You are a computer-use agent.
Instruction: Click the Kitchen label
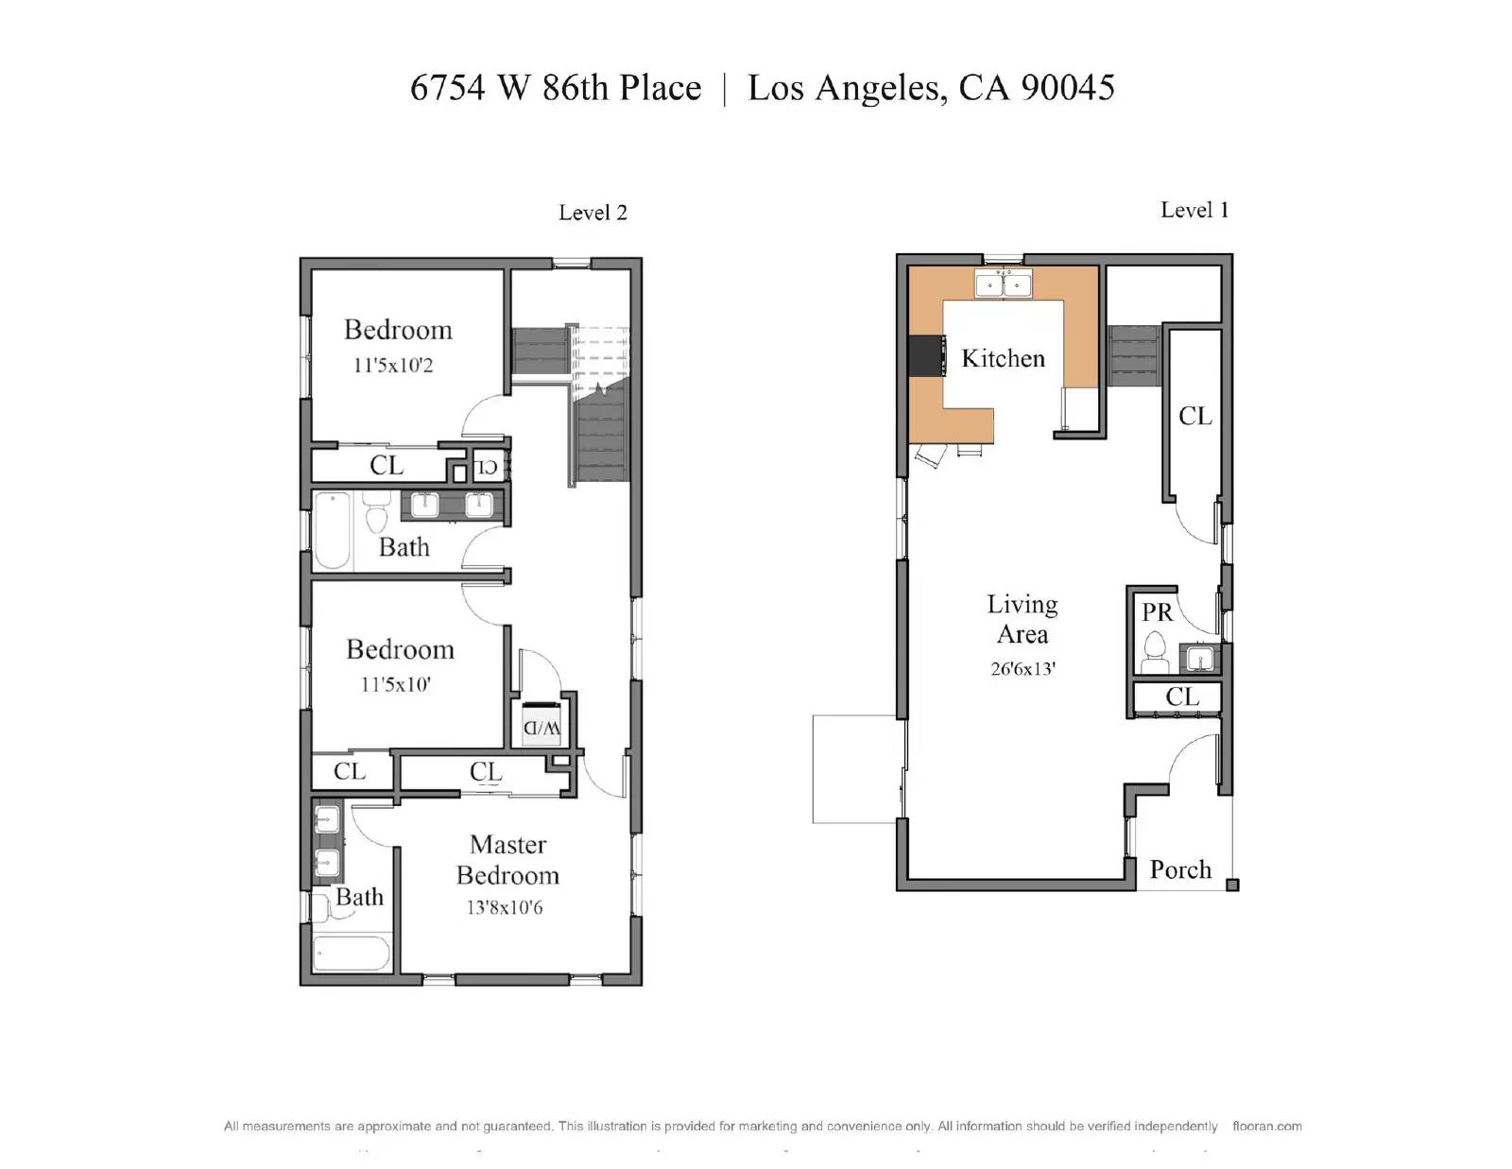(x=1003, y=358)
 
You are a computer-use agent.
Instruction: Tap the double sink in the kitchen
(x=1004, y=284)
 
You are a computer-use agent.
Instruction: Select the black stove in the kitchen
(x=927, y=355)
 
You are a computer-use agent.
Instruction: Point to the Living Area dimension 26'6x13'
(x=1022, y=669)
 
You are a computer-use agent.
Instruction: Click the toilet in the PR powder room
(x=1155, y=653)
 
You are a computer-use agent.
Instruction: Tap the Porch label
(x=1180, y=869)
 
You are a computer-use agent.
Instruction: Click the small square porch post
(x=1232, y=885)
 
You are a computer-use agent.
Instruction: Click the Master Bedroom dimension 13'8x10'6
(x=505, y=907)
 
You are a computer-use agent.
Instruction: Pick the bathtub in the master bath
(x=352, y=953)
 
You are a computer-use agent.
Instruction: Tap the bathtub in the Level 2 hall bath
(x=332, y=530)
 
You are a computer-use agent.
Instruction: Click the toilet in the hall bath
(x=376, y=511)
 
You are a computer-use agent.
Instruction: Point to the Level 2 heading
(x=593, y=213)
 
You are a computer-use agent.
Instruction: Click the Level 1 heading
(x=1194, y=210)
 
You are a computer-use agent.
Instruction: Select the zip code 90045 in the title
(x=1068, y=88)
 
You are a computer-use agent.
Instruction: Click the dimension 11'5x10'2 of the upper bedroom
(x=393, y=366)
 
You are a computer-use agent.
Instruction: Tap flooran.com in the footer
(x=1267, y=1126)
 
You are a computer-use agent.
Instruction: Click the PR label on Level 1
(x=1157, y=612)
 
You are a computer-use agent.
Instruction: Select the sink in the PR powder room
(x=1200, y=658)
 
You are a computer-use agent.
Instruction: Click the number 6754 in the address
(x=447, y=88)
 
